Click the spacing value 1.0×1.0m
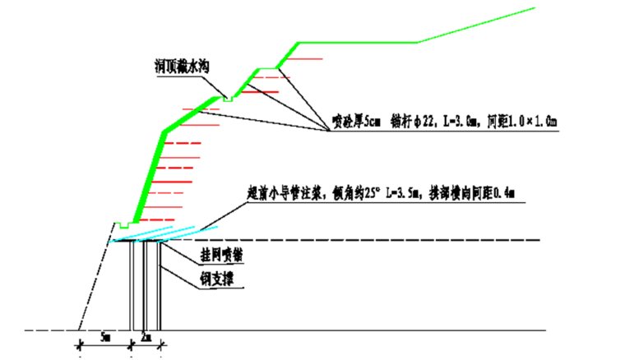pyautogui.click(x=535, y=122)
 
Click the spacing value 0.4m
pyautogui.click(x=502, y=193)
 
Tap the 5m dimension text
pyautogui.click(x=105, y=336)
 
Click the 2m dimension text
pyautogui.click(x=146, y=336)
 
